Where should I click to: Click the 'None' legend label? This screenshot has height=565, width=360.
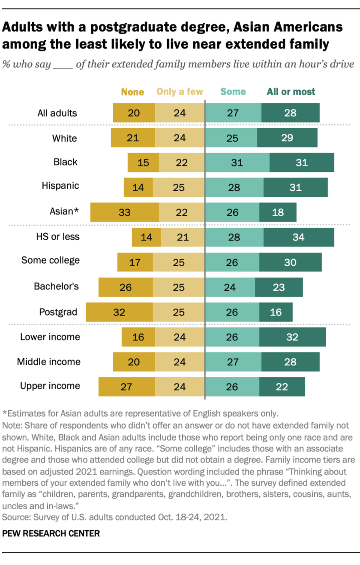coord(132,92)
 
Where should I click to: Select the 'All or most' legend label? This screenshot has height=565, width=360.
coord(291,92)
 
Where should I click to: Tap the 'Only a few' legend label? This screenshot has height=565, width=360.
coord(180,92)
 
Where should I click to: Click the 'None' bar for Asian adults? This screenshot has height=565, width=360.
coord(124,212)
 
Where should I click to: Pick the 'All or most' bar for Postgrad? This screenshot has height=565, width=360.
coord(276,312)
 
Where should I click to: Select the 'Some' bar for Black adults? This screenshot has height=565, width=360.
coord(237,163)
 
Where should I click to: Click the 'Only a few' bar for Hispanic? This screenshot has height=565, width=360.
coord(179,187)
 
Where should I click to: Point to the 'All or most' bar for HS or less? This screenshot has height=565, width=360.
coord(298,237)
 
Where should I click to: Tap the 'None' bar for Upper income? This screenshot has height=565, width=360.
coord(126,387)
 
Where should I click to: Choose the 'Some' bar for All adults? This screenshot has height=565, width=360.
coord(233,113)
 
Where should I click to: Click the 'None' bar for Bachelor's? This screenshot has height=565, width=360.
coord(126,287)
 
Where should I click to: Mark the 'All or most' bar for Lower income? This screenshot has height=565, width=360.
coord(292,337)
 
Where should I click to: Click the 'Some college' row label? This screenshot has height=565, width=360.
coord(51,261)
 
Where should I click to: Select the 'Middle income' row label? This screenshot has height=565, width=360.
coord(48,362)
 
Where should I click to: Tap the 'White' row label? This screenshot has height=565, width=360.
coord(65,138)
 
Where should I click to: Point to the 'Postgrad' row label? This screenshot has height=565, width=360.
coord(58,312)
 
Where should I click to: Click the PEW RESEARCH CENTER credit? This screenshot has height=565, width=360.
coord(51,534)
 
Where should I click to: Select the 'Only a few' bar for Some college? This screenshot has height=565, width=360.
coord(179,262)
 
